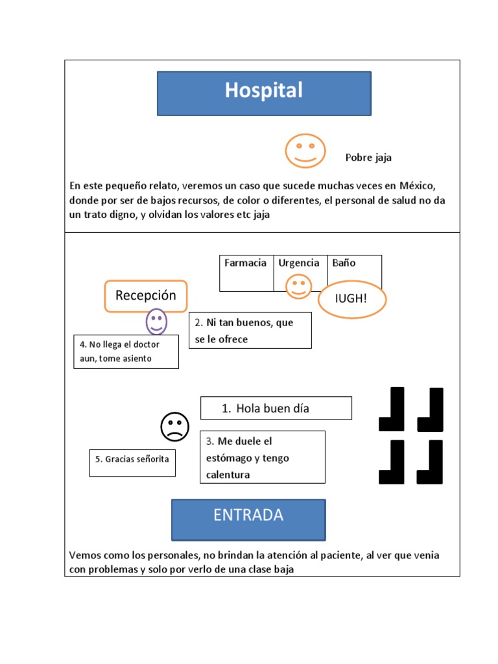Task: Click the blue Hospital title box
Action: coord(264,93)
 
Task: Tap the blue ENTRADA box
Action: coord(248,519)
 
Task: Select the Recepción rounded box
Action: coord(146,296)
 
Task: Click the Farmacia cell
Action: coord(246,272)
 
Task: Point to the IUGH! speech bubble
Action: coord(352,300)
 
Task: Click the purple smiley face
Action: coord(156,321)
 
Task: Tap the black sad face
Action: coord(174,427)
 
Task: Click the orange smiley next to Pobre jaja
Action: coord(305,150)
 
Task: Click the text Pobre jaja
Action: coord(368,158)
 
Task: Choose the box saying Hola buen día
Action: coord(276,409)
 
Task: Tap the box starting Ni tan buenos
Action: coord(250,330)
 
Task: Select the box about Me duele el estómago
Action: coord(262,458)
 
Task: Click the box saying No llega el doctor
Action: coord(126,351)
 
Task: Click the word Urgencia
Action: coord(299,263)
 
